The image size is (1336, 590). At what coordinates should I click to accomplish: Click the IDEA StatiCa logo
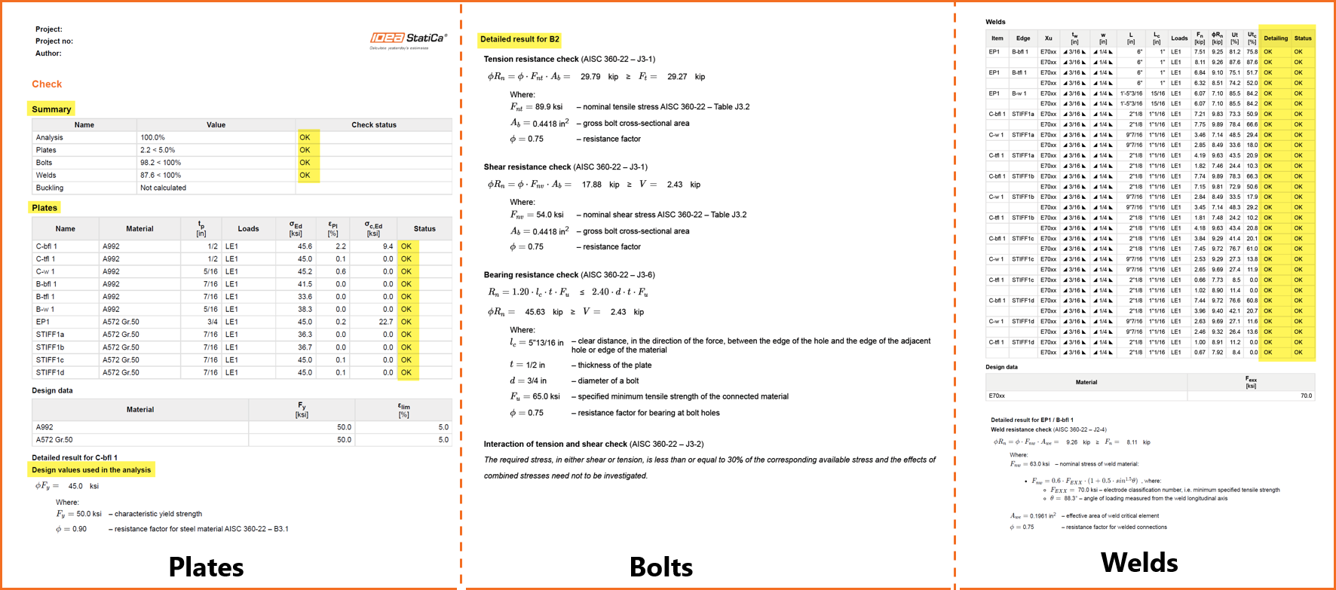[x=408, y=38]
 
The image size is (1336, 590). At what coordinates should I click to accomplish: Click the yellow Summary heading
[x=51, y=109]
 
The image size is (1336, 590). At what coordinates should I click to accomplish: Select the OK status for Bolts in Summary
[x=305, y=163]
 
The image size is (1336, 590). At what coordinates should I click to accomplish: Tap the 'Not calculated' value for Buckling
[x=163, y=188]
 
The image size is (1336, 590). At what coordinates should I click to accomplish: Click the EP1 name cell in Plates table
[x=43, y=322]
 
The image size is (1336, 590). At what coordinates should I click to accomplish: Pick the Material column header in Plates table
[x=139, y=229]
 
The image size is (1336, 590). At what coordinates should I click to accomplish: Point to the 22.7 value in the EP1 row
[x=385, y=322]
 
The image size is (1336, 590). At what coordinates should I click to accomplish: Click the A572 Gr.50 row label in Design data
[x=54, y=440]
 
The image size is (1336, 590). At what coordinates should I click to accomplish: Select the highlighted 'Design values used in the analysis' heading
[x=91, y=470]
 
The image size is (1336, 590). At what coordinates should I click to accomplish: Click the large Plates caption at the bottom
[x=206, y=567]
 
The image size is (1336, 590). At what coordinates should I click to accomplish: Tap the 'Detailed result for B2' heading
[x=519, y=39]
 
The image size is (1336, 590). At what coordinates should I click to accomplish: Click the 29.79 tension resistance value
[x=590, y=77]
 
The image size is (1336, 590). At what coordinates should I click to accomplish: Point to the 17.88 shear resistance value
[x=592, y=185]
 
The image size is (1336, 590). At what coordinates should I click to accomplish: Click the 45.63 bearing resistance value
[x=535, y=312]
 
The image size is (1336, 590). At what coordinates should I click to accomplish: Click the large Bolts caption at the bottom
[x=661, y=567]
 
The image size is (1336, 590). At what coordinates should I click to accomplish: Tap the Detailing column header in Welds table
[x=1276, y=38]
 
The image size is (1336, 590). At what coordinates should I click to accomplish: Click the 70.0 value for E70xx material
[x=1306, y=396]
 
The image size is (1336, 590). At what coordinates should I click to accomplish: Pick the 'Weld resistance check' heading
[x=1021, y=430]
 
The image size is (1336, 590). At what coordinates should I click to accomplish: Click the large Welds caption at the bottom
[x=1139, y=562]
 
